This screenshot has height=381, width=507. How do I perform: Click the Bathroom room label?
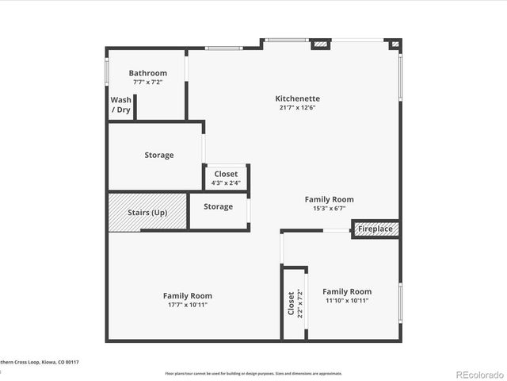pyautogui.click(x=148, y=73)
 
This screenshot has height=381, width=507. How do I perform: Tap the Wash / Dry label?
pyautogui.click(x=120, y=105)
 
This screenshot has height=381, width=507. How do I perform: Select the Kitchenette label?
pyautogui.click(x=298, y=98)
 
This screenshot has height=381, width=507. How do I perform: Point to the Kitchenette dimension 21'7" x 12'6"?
pyautogui.click(x=298, y=108)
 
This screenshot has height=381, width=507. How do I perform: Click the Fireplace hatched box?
pyautogui.click(x=375, y=229)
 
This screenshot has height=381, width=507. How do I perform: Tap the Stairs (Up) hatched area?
pyautogui.click(x=147, y=213)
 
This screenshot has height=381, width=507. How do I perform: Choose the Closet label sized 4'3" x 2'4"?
pyautogui.click(x=226, y=174)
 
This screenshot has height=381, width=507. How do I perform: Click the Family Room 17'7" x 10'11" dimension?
pyautogui.click(x=188, y=305)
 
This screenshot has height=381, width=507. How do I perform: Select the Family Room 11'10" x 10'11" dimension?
pyautogui.click(x=346, y=301)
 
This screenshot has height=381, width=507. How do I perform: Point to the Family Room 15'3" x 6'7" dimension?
pyautogui.click(x=330, y=209)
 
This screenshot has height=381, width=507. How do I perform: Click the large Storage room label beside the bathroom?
pyautogui.click(x=159, y=155)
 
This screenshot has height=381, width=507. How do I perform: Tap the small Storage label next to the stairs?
pyautogui.click(x=218, y=206)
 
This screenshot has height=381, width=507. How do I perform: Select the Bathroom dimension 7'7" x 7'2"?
pyautogui.click(x=148, y=82)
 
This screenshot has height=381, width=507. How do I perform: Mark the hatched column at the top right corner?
pyautogui.click(x=395, y=44)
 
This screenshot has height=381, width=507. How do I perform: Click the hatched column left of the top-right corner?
pyautogui.click(x=320, y=44)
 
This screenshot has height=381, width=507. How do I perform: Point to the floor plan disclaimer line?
pyautogui.click(x=253, y=373)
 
